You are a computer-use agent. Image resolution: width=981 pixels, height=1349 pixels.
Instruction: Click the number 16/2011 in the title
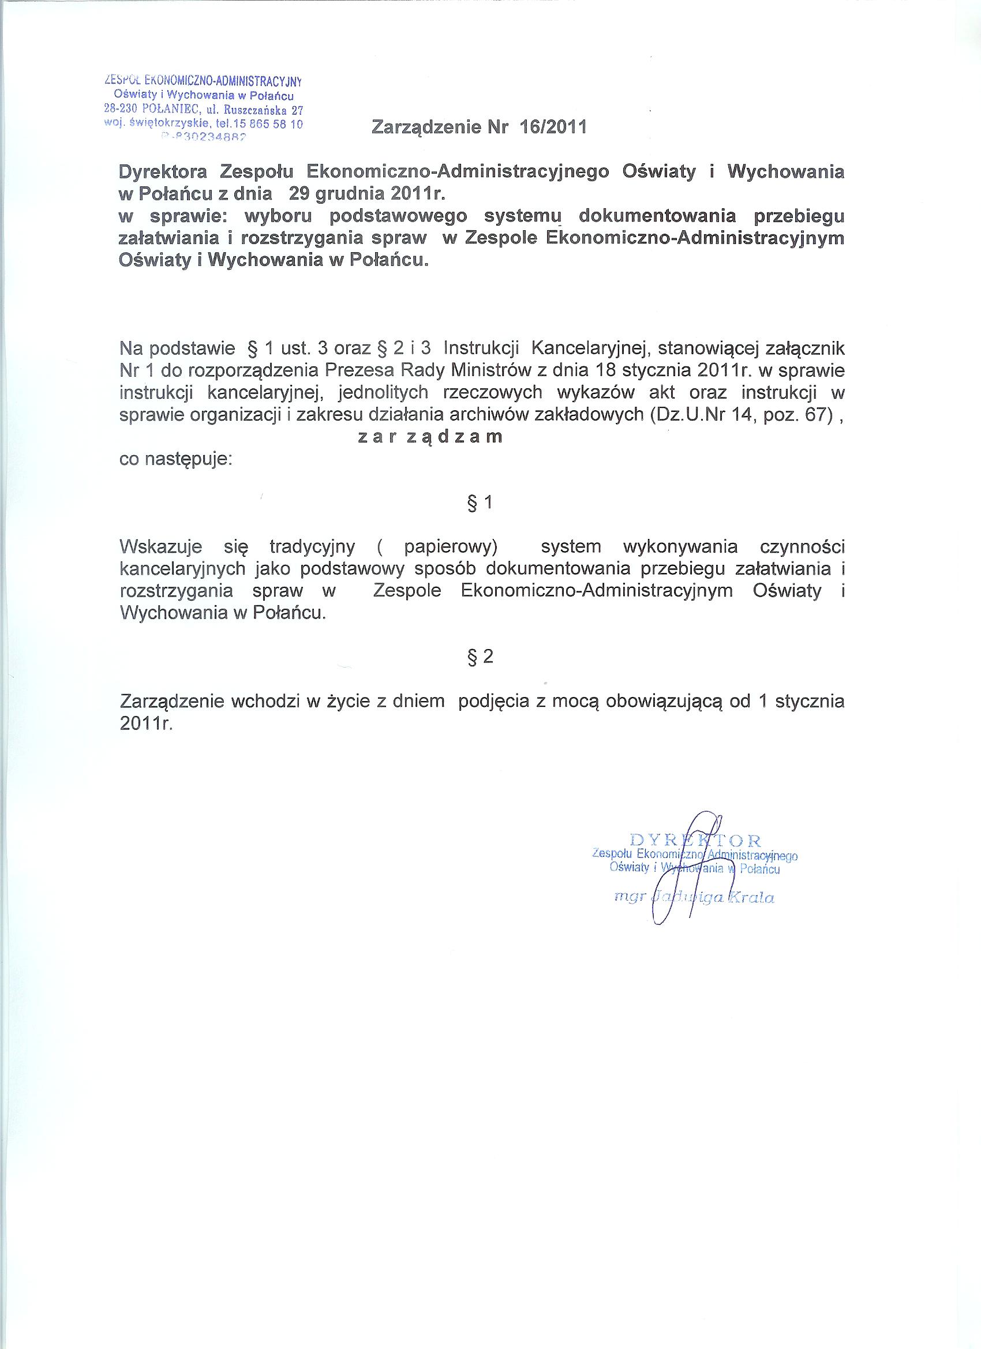click(x=553, y=128)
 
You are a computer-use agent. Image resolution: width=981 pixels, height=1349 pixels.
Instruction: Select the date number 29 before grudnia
click(x=301, y=194)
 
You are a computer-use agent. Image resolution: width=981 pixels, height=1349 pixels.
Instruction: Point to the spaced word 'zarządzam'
click(x=430, y=437)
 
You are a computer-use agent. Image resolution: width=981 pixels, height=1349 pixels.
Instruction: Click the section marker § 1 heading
click(x=481, y=503)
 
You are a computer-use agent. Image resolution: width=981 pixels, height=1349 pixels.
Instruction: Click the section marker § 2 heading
click(x=481, y=657)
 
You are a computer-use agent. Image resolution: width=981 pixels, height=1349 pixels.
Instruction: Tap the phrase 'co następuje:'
click(x=175, y=460)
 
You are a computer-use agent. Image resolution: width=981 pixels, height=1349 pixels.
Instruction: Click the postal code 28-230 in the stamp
click(x=121, y=110)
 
